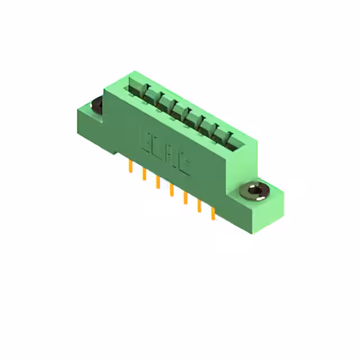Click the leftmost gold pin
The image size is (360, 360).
point(130,166)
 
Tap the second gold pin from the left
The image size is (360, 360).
point(144,174)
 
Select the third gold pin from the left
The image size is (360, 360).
point(157,183)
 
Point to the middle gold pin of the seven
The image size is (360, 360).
point(171,191)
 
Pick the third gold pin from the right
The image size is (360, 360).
point(184,199)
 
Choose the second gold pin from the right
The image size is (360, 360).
point(199,206)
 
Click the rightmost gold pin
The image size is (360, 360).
point(213,214)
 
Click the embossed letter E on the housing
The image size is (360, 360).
point(145,141)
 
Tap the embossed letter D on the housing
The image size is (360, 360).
point(158,148)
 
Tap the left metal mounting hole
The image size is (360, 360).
point(96,105)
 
